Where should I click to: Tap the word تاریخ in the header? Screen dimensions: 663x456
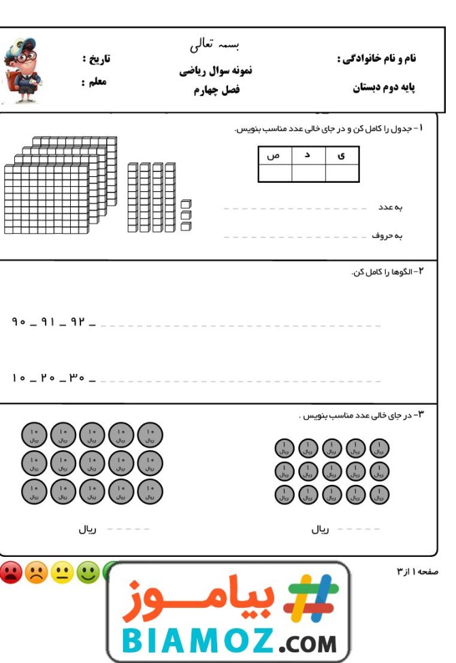96,59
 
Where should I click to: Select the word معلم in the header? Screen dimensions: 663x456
93,82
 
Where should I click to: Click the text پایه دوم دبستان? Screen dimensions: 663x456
384,88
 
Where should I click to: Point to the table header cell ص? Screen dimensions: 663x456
274,156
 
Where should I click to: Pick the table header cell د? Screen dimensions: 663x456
308,156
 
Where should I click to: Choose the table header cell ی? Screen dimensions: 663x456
341,156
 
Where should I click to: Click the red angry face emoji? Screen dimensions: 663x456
11,573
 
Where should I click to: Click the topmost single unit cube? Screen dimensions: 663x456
186,203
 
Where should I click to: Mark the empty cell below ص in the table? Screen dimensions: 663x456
274,173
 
